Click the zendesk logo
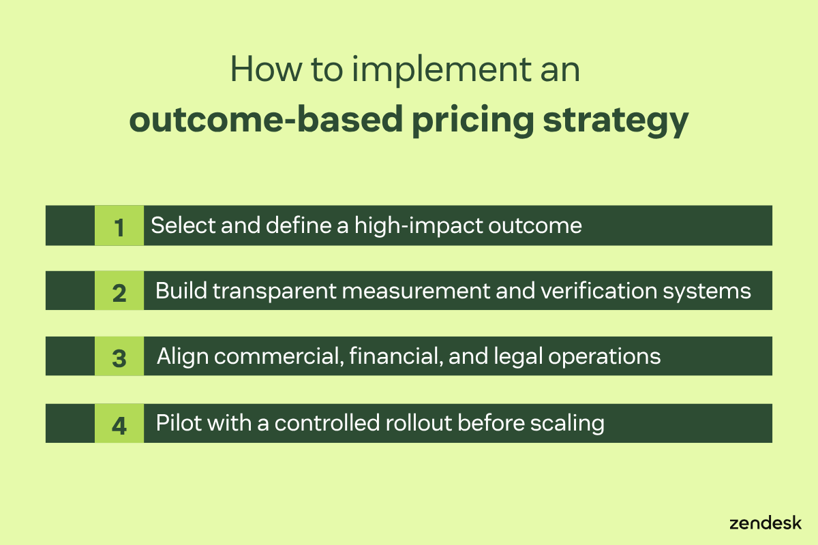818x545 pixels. (x=766, y=523)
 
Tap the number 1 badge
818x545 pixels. (x=119, y=226)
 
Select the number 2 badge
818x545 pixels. (x=119, y=292)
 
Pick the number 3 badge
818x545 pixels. (x=119, y=357)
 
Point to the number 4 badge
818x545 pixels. (x=119, y=424)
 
